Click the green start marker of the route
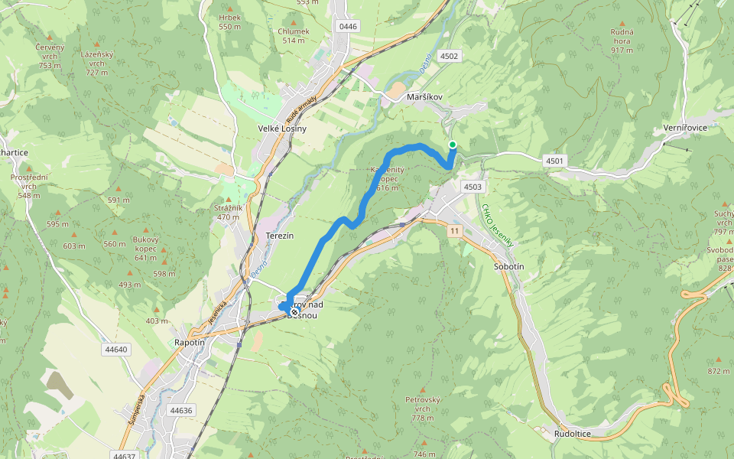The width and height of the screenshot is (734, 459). pos(453,145)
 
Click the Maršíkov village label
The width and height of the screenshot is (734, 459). pos(425,97)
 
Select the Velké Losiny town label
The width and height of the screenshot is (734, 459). pos(282,129)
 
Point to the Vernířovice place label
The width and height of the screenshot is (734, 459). pos(685,128)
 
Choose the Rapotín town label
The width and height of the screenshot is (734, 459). pos(190,343)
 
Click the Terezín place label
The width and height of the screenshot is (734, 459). pos(279,236)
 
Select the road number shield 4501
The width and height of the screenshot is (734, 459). pos(554,161)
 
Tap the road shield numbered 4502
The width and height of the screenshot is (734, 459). pos(449,56)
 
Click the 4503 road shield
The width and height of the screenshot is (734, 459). pos(473,187)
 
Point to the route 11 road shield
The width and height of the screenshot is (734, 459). pos(455,230)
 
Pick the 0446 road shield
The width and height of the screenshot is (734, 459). pos(348,27)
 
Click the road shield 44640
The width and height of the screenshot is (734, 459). pos(116,350)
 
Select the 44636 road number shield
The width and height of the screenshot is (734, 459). pos(181,410)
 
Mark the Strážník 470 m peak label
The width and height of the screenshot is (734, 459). pos(229,212)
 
